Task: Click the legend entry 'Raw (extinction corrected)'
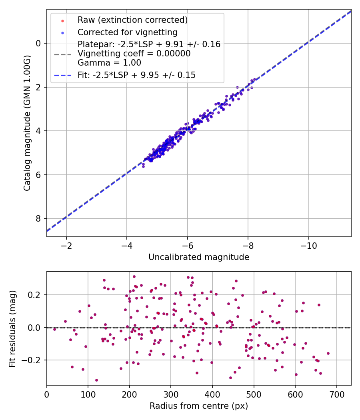(x=132, y=20)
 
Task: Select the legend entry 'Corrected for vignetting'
(x=128, y=32)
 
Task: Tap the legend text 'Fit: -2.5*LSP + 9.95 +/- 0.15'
(x=136, y=75)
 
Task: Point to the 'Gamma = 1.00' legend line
(x=109, y=63)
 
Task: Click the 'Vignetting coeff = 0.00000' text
(x=134, y=54)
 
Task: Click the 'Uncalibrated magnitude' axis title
(x=199, y=257)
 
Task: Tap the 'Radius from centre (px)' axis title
(x=199, y=406)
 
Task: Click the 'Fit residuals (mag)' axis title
(x=12, y=328)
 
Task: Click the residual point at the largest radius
(x=328, y=353)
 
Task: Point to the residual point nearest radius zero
(x=54, y=329)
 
